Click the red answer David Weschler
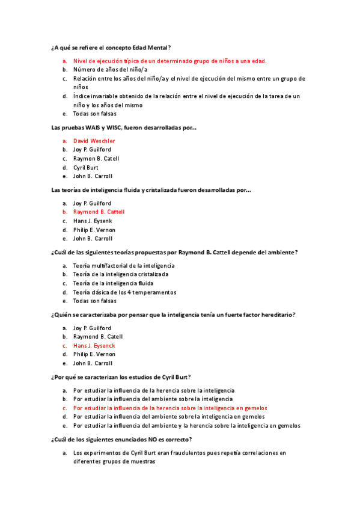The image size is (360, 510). [x=94, y=141]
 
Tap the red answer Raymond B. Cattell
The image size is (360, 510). [x=99, y=212]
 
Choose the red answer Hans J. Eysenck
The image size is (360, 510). [x=94, y=346]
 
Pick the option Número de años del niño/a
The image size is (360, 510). [x=110, y=70]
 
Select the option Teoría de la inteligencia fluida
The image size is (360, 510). [x=114, y=283]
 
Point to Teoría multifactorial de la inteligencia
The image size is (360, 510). [x=124, y=265]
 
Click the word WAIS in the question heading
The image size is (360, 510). [x=93, y=127]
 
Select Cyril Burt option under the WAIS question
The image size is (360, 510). [x=87, y=168]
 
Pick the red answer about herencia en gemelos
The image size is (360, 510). [x=170, y=408]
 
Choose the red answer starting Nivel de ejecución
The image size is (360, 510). [x=170, y=61]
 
